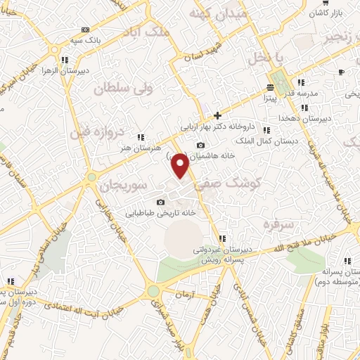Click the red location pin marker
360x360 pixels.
tap(181, 165)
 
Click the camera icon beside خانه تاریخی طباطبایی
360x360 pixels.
tap(160, 202)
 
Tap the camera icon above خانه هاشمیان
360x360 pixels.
tap(200, 145)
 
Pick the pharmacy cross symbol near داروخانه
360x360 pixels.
tap(218, 115)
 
